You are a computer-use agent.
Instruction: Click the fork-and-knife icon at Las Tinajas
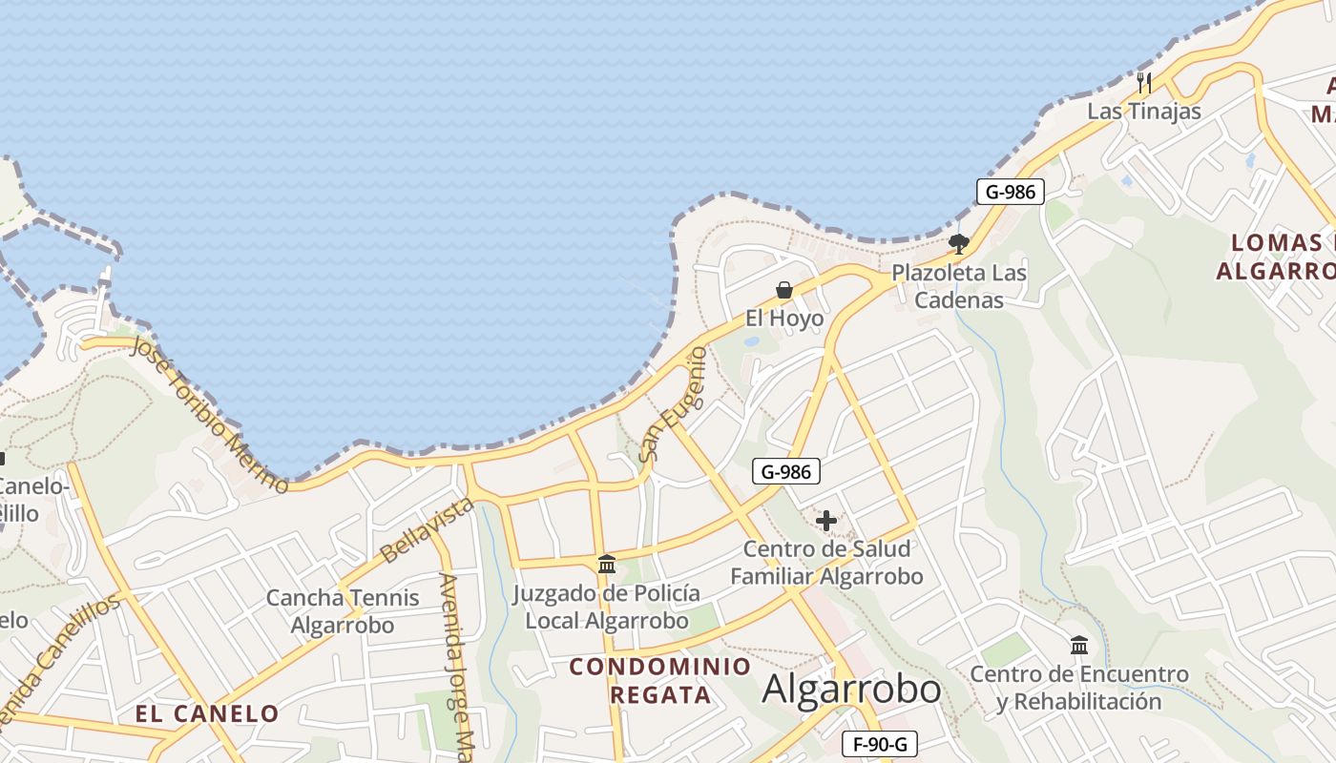point(1144,83)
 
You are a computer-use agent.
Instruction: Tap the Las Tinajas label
point(1144,111)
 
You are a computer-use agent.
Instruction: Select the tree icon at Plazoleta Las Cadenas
point(959,244)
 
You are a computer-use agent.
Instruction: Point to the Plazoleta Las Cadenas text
point(959,286)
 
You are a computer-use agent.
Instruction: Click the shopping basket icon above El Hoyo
point(784,290)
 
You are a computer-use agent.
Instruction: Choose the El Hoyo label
point(784,319)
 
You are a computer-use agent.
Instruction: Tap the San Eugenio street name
point(674,404)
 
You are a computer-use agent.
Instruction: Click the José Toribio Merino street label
point(209,414)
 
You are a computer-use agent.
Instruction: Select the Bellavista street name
point(427,529)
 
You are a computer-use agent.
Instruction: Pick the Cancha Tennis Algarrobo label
point(343,611)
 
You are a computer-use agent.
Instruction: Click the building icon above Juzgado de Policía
point(607,564)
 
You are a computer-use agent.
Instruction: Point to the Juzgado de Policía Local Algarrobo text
point(607,607)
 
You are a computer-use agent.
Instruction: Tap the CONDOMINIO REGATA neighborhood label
point(660,680)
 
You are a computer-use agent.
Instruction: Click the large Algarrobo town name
point(851,689)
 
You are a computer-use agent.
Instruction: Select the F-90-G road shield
point(880,744)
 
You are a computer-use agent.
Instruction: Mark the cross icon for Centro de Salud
point(826,521)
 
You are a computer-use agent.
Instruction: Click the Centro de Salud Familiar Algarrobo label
point(826,563)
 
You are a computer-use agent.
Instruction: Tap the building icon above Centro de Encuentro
point(1079,646)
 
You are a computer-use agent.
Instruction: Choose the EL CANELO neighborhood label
point(207,713)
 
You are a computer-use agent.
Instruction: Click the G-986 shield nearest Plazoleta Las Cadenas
point(1011,192)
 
